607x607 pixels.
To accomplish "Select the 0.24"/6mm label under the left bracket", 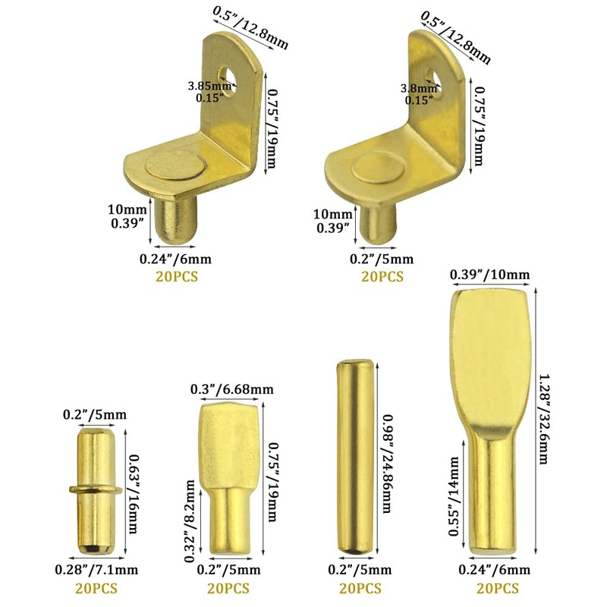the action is pos(175,259).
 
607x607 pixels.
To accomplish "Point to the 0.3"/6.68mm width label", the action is pos(232,388).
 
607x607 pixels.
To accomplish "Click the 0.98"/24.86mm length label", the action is pos(387,464).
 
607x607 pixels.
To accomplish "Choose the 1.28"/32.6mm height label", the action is pos(543,419).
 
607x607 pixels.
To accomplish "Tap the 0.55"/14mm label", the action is pos(454,496).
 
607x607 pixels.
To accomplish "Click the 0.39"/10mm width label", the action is pos(489,275).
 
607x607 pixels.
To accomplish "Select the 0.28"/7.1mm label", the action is pos(96,570).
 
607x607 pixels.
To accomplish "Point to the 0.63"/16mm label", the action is pos(132,493).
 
